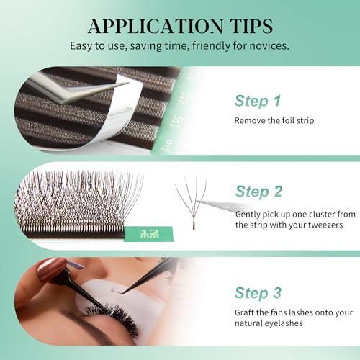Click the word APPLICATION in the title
pyautogui.click(x=156, y=27)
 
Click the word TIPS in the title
pyautogui.click(x=252, y=26)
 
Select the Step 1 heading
pyautogui.click(x=258, y=101)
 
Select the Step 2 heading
pyautogui.click(x=258, y=192)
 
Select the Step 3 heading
pyautogui.click(x=258, y=293)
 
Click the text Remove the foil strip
pyautogui.click(x=274, y=120)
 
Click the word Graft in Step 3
pyautogui.click(x=245, y=312)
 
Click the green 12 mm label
pyautogui.click(x=149, y=233)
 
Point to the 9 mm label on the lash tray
pyautogui.click(x=168, y=145)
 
